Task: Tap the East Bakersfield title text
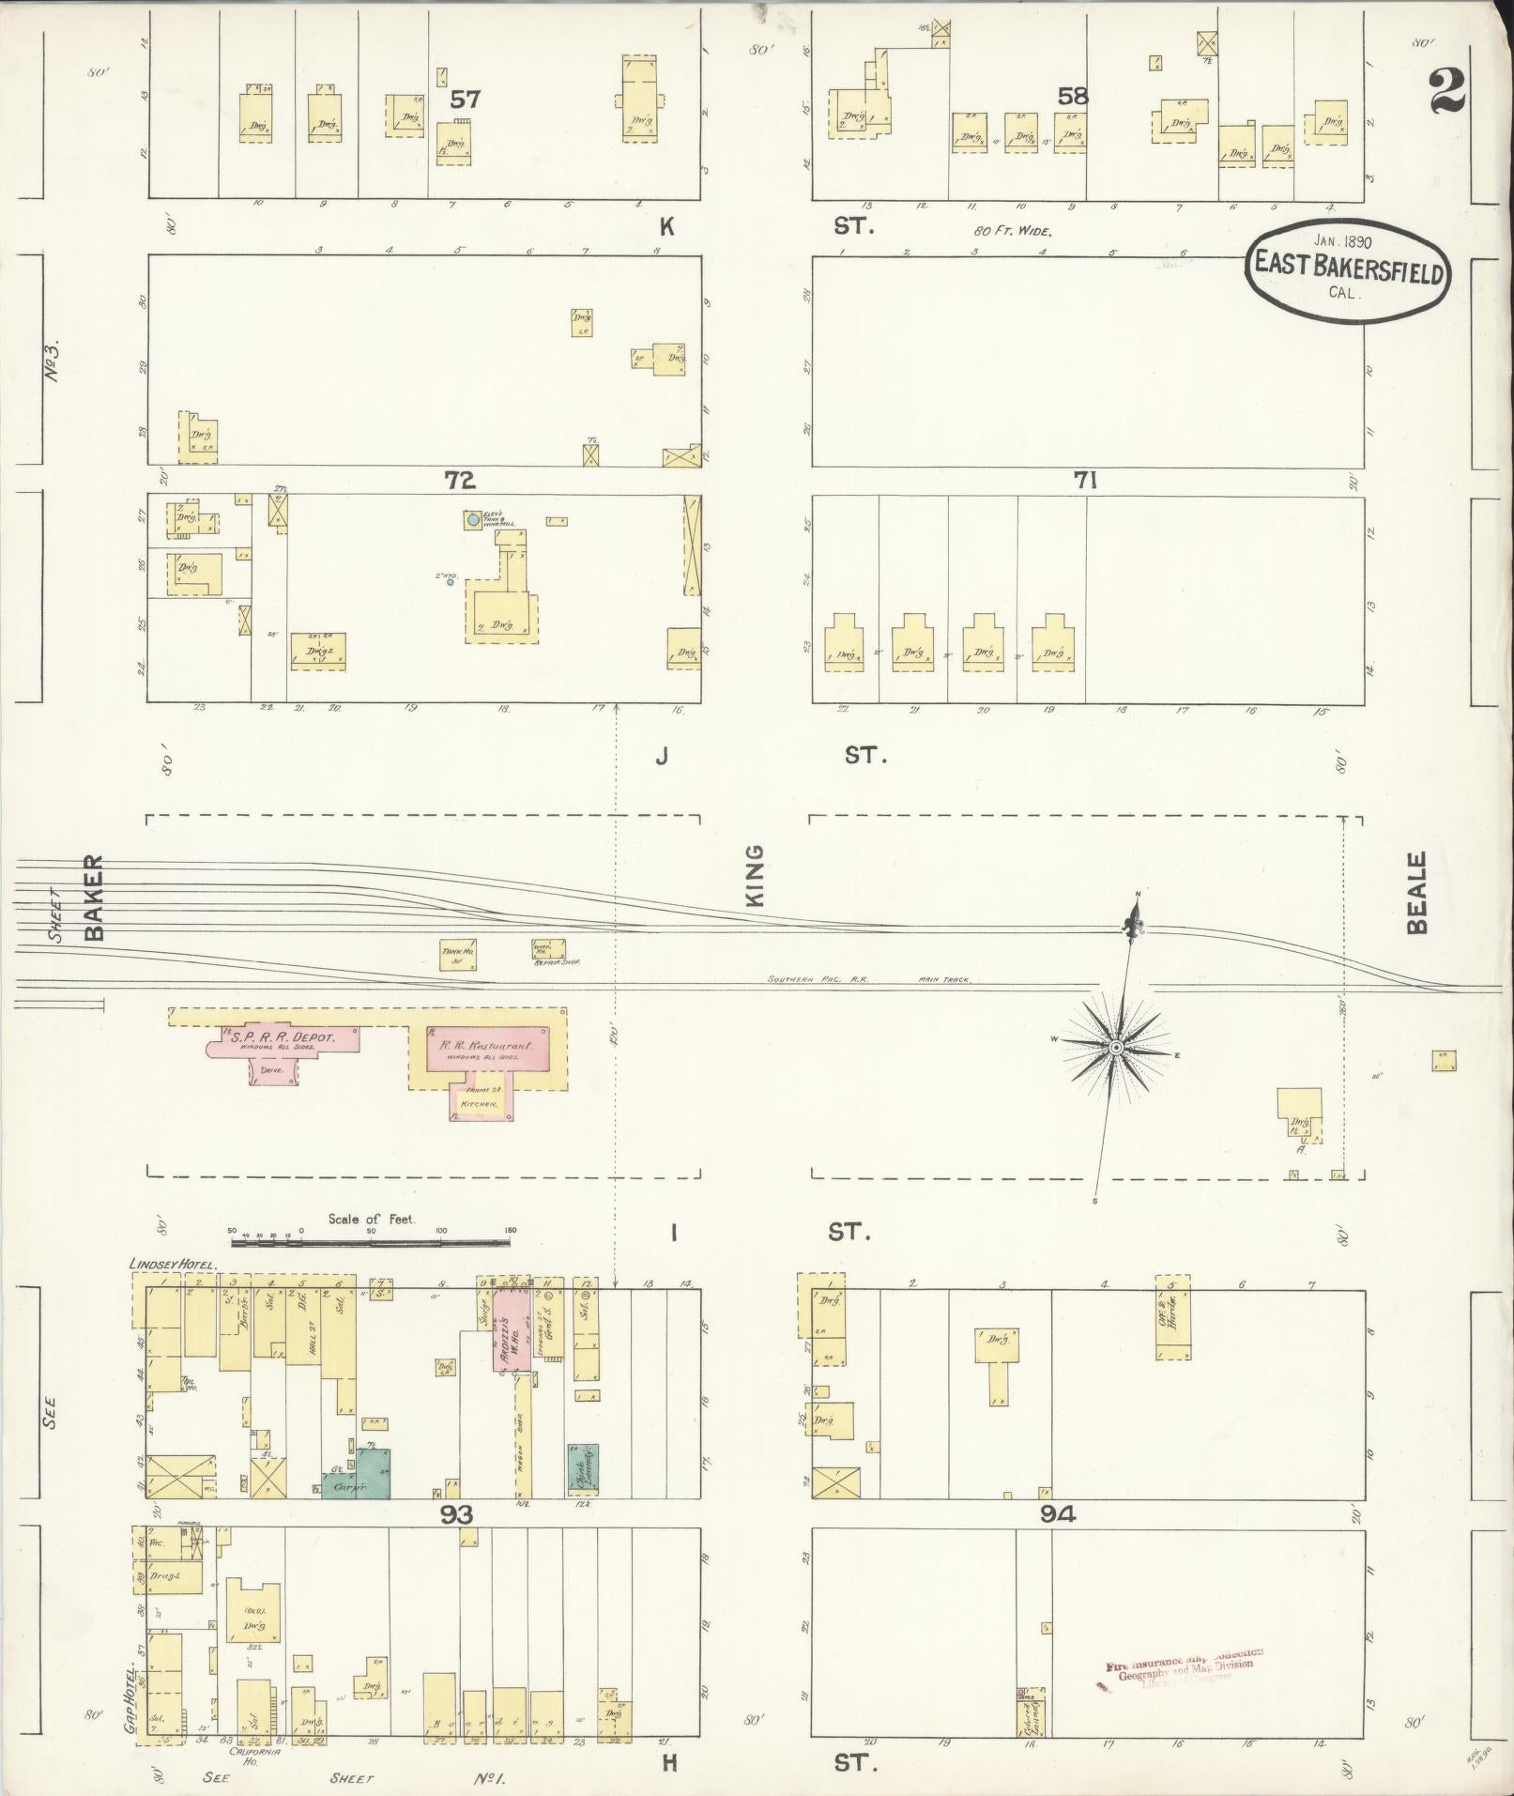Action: [1347, 266]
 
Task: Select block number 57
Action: [466, 99]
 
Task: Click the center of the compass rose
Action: [1116, 1048]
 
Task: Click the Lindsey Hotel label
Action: [173, 1265]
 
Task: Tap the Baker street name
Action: [93, 897]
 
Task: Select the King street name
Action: [755, 875]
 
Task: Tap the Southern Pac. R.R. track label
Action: [818, 979]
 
